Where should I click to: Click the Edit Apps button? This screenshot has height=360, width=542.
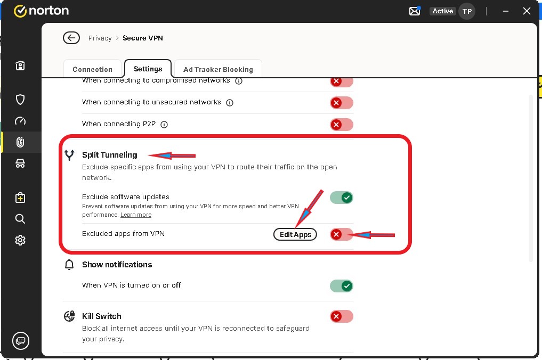tap(295, 235)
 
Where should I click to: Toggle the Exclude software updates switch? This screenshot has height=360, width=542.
tap(341, 198)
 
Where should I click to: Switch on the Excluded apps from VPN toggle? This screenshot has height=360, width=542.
tap(341, 235)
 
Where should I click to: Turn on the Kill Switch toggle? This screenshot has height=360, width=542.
tap(341, 316)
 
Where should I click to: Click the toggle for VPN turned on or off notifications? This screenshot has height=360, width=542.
tap(341, 286)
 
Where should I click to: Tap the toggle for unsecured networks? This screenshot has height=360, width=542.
tap(341, 103)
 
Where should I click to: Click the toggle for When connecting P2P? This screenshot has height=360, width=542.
tap(341, 125)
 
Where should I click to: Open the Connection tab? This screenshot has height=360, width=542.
tap(93, 69)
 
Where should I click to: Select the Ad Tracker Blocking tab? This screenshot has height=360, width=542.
tap(218, 69)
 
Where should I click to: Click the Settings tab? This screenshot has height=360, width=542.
tap(148, 69)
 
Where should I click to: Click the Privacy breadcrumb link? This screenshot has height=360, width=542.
tap(100, 38)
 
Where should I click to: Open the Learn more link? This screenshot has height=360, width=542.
tap(136, 215)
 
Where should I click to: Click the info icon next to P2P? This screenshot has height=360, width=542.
tap(164, 125)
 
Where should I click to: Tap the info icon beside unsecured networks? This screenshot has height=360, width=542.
tap(230, 103)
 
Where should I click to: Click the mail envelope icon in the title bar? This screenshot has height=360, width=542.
tap(415, 11)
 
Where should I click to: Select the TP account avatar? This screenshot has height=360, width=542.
tap(467, 11)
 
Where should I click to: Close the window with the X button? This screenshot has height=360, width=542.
tap(527, 11)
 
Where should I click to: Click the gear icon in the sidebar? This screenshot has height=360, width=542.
tap(20, 240)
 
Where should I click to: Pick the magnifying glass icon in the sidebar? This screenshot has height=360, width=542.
tap(20, 219)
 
